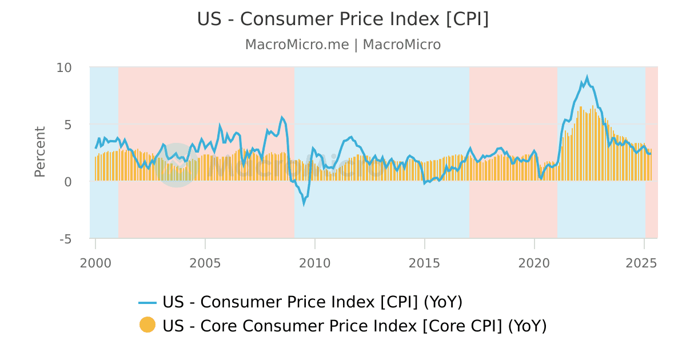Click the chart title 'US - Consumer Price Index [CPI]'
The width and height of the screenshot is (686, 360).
[x=343, y=19]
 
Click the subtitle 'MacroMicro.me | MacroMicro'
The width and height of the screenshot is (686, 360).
[x=343, y=45]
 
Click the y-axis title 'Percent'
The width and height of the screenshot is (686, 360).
[x=39, y=151]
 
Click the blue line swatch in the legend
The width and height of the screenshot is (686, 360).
[x=147, y=302]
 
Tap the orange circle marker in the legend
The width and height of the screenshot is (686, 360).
[x=147, y=325]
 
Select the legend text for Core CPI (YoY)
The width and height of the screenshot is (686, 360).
[x=354, y=326]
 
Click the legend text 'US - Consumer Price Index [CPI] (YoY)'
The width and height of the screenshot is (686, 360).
[x=312, y=302]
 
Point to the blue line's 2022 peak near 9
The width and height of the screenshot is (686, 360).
[x=587, y=77]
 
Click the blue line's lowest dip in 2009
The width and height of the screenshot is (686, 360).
[x=304, y=203]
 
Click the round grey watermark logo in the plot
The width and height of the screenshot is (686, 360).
[x=176, y=165]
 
